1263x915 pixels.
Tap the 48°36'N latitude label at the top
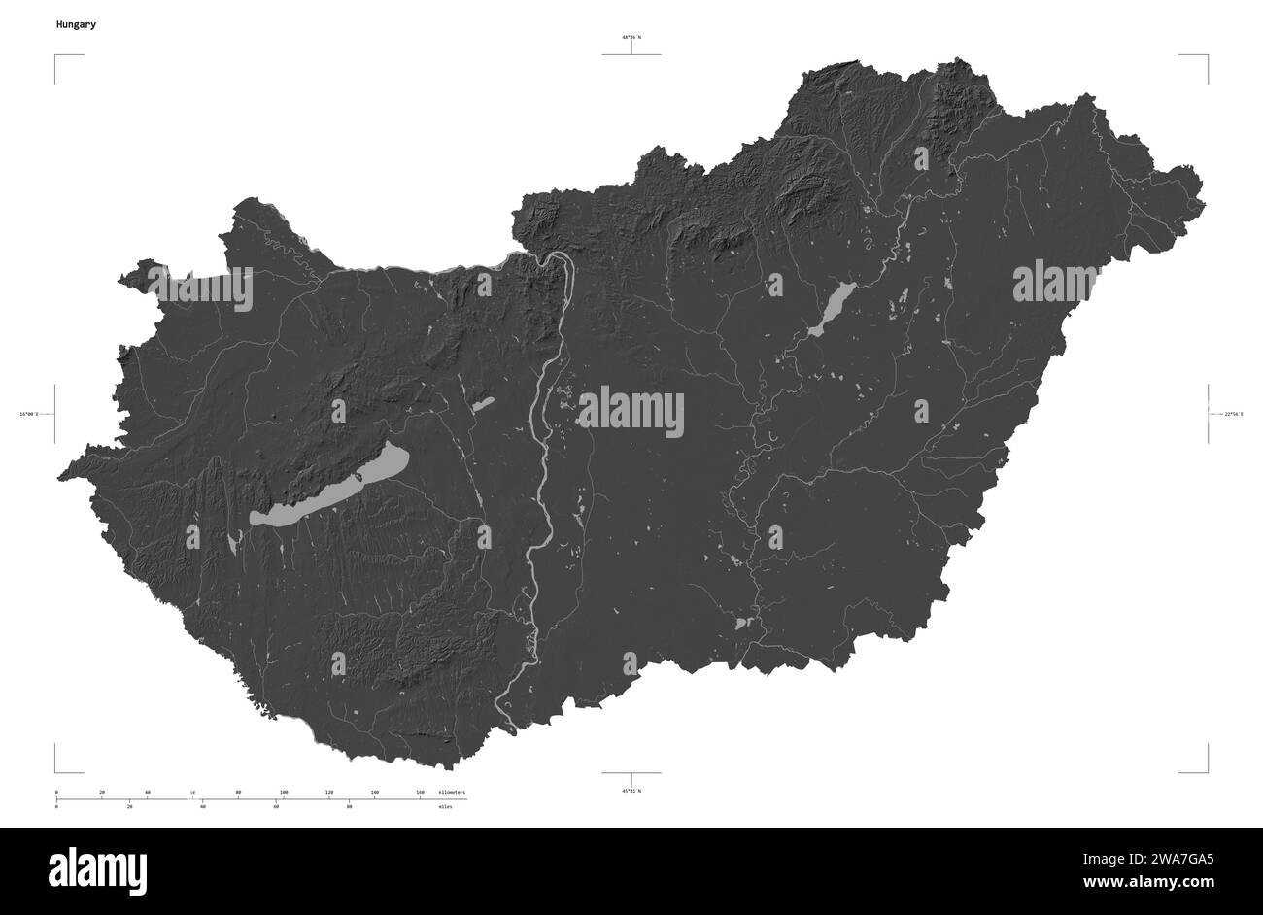tap(631, 37)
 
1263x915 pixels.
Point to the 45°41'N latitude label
tap(631, 791)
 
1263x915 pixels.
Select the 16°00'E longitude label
tap(29, 415)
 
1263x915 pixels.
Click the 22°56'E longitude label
tap(1233, 415)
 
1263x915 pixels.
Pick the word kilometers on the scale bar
tap(452, 793)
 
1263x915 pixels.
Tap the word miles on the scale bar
tap(445, 807)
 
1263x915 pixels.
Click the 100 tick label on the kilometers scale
tap(284, 793)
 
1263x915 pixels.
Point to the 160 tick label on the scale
tap(420, 793)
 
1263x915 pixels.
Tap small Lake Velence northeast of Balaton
tap(483, 402)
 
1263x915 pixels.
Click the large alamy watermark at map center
tap(631, 413)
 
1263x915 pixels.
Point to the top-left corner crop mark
tap(56, 56)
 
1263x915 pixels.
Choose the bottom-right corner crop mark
tap(1207, 772)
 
